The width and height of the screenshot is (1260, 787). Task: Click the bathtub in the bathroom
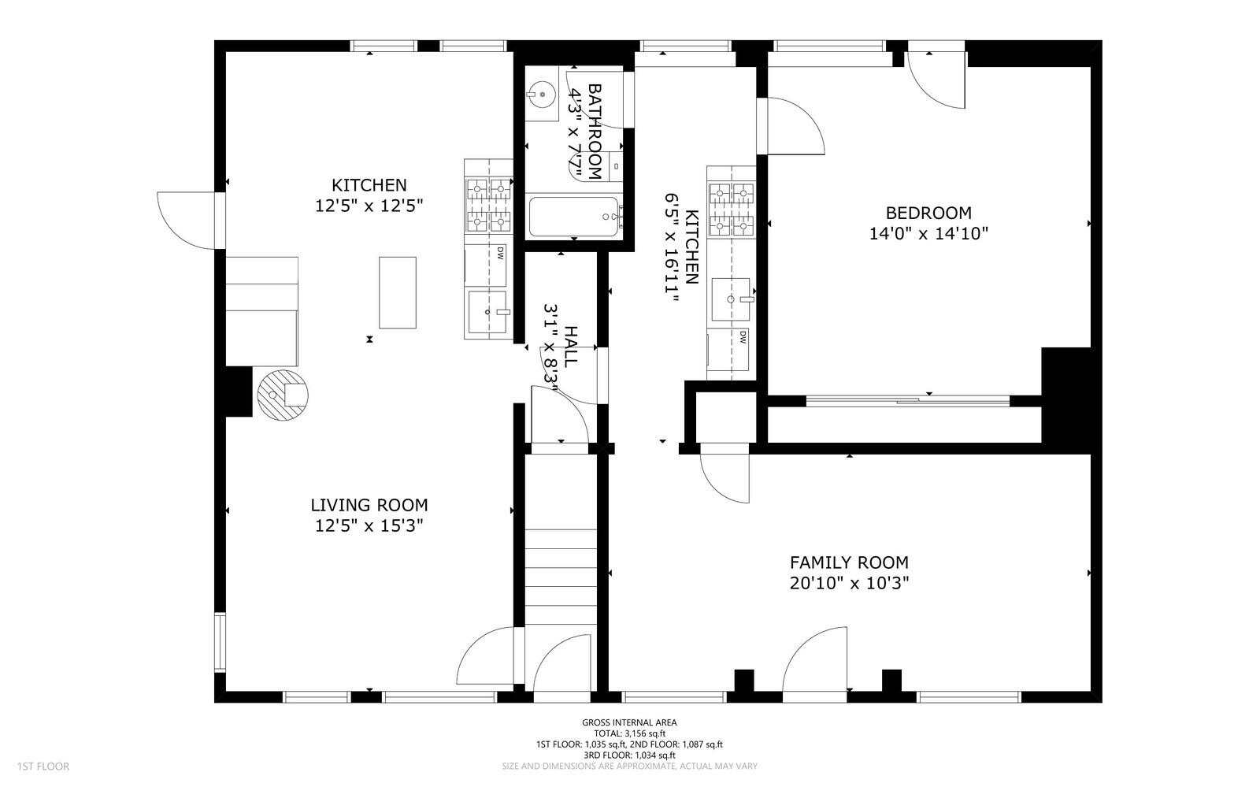(574, 217)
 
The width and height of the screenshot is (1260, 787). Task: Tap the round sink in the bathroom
(542, 94)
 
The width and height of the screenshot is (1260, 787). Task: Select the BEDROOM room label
(928, 213)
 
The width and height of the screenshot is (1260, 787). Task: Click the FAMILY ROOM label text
(849, 562)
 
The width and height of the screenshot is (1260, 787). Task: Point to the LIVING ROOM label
(369, 505)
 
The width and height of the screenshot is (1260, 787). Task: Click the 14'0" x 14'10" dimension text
(928, 233)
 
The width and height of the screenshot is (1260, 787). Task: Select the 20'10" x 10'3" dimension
(849, 584)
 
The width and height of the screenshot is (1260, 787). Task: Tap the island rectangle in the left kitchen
(398, 292)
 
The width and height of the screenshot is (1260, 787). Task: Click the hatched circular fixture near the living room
(283, 395)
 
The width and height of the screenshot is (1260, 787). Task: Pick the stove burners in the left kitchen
(489, 205)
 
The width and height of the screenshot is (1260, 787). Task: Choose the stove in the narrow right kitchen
(732, 210)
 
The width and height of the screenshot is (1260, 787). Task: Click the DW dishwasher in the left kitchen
(486, 265)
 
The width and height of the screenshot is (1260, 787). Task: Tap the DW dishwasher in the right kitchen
(728, 349)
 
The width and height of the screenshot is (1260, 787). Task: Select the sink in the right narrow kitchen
(731, 299)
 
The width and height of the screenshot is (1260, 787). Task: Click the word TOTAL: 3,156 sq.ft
(629, 733)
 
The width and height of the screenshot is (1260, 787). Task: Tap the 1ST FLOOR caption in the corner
(43, 767)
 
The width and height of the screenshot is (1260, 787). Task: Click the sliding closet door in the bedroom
(908, 400)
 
